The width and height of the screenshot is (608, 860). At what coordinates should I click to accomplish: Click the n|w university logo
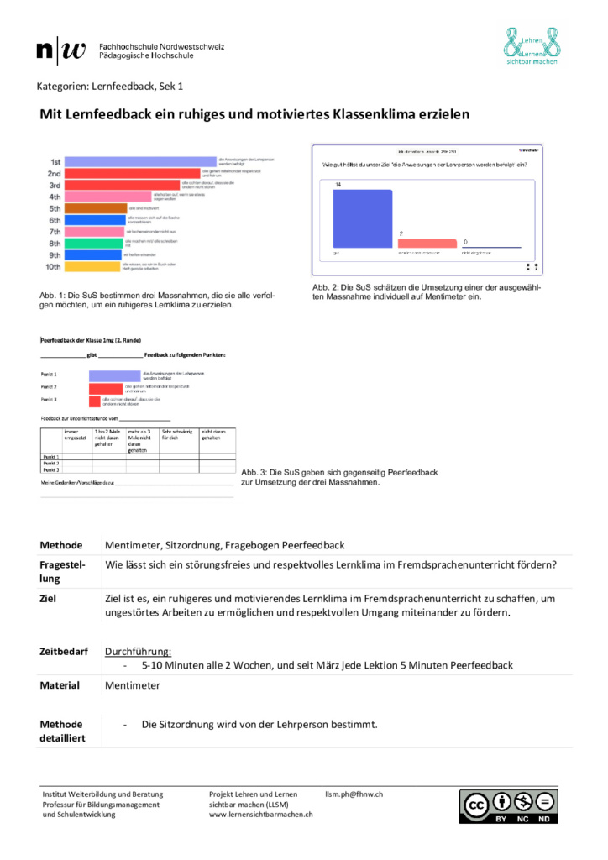(x=61, y=51)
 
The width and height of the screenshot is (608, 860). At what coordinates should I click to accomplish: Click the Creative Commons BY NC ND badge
(x=506, y=806)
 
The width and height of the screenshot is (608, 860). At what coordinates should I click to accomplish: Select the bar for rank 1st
(x=141, y=161)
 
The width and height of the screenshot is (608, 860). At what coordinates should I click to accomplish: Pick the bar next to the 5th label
(x=96, y=208)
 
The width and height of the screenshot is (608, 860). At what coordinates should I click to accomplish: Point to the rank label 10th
(x=53, y=267)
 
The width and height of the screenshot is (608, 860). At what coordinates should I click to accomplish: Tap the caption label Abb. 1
(x=51, y=296)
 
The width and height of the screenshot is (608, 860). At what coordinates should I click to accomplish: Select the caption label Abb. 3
(x=254, y=473)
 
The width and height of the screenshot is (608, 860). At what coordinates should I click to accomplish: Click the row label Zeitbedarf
(x=64, y=652)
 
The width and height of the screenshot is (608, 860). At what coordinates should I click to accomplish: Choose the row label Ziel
(x=49, y=598)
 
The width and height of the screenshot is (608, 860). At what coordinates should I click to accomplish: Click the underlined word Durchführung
(x=138, y=652)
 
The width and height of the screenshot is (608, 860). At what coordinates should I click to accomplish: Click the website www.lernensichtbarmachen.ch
(x=261, y=814)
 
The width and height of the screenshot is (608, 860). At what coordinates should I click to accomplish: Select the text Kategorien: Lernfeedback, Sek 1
(x=109, y=87)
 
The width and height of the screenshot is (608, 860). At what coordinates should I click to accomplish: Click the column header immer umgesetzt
(x=76, y=434)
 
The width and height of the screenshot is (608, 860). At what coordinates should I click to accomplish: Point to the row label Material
(x=60, y=685)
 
